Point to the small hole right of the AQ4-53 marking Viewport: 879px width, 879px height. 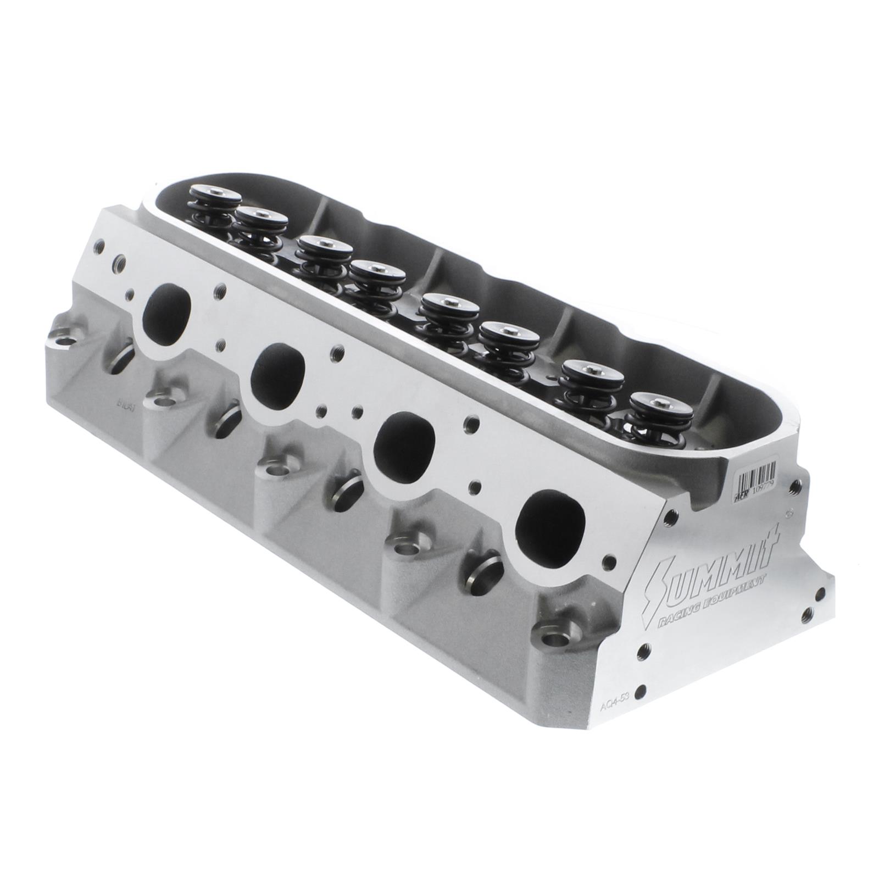click(637, 693)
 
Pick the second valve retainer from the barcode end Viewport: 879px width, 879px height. click(592, 374)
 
